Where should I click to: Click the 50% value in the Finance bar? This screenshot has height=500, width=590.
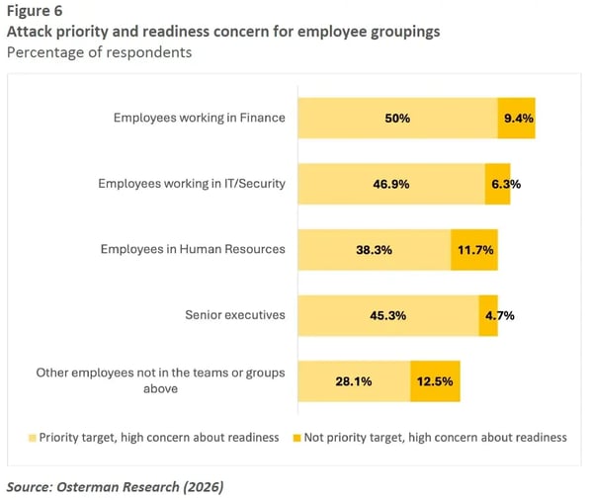click(398, 118)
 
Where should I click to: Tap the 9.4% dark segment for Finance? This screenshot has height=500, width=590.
click(516, 118)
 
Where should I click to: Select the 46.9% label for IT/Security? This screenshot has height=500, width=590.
click(389, 184)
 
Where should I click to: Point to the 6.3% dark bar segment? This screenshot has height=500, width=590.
click(498, 184)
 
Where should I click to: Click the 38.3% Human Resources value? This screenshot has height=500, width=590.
click(374, 250)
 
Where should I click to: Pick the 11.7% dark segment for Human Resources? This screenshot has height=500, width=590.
click(474, 250)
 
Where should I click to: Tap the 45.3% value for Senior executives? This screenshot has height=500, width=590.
click(387, 316)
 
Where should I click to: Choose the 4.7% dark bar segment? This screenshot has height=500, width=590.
click(488, 316)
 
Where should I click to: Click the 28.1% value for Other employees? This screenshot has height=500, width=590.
click(354, 381)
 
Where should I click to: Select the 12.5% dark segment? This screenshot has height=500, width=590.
click(435, 381)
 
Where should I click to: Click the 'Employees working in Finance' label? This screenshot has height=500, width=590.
click(199, 118)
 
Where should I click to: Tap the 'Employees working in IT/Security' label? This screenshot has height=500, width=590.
click(191, 184)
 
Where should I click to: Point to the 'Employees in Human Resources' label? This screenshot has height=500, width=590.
click(193, 249)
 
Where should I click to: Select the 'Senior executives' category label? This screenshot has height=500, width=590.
click(235, 315)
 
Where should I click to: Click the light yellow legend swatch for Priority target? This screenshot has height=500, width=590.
click(32, 437)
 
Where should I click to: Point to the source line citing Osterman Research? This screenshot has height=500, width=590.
click(114, 486)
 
